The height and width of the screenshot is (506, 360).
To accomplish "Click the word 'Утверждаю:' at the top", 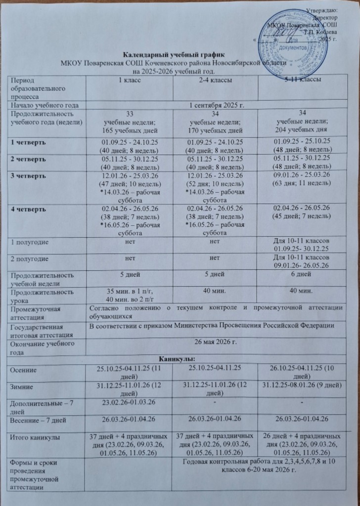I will [322, 10].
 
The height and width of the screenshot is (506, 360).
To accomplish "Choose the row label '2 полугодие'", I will [27, 257].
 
